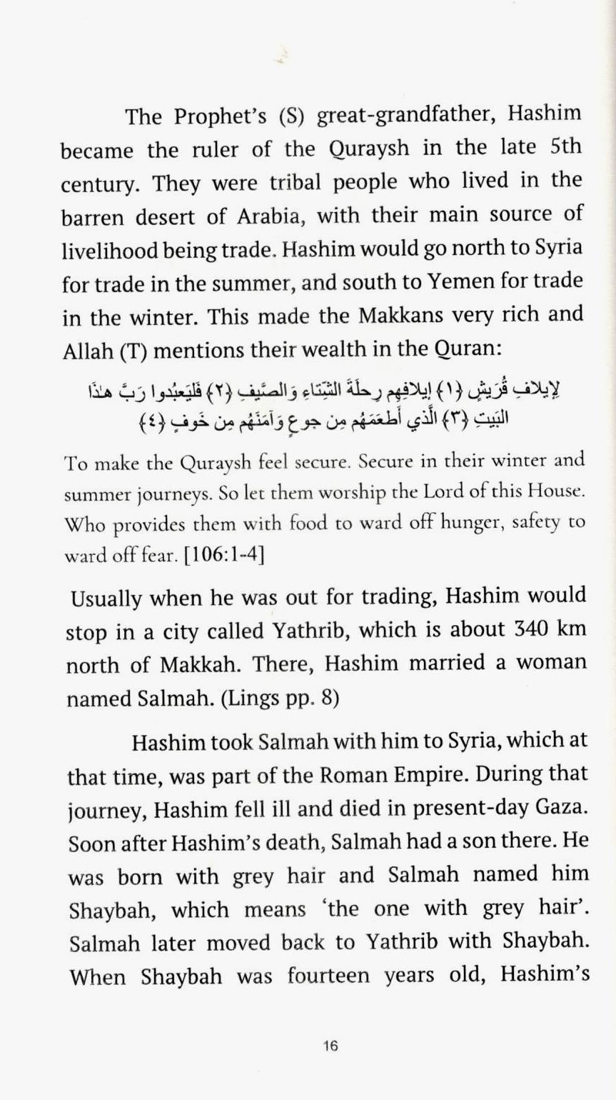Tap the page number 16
(330, 1046)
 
